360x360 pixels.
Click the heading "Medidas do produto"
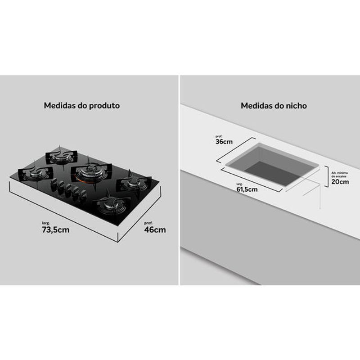82,106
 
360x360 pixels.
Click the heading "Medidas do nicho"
274,106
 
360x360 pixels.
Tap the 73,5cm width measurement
55,230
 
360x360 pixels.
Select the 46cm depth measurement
155,230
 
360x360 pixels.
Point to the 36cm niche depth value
224,142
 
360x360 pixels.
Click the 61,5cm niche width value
247,189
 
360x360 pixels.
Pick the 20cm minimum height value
340,182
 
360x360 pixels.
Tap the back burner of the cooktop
61,156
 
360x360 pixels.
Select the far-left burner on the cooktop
36,173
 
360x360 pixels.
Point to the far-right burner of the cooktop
134,183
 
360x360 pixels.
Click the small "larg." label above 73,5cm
46,223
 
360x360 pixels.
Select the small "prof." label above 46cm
148,223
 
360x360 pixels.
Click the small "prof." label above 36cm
219,136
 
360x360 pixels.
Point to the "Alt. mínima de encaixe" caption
340,175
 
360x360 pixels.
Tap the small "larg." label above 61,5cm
239,184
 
